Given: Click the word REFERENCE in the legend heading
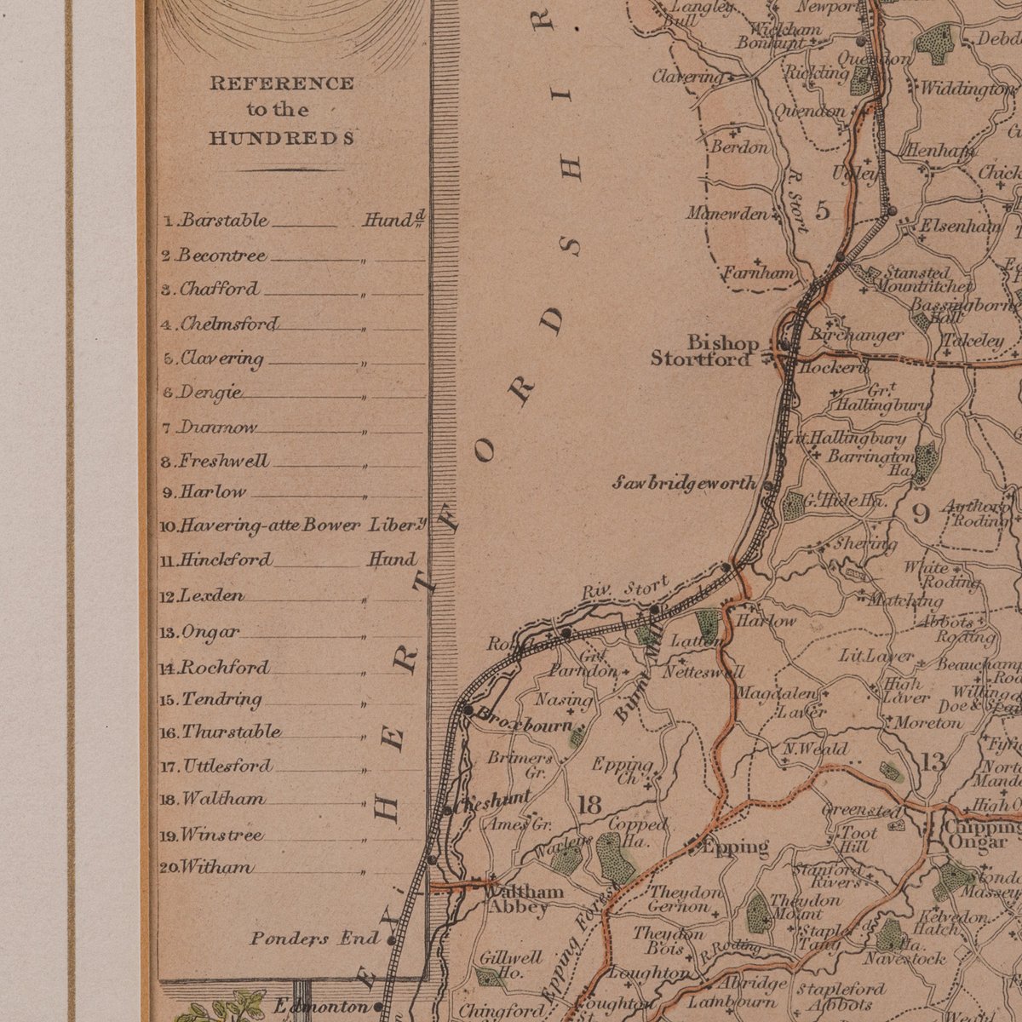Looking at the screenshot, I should tap(282, 83).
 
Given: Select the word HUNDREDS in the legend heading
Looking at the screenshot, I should tap(282, 138).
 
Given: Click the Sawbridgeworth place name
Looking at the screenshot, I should tap(684, 484).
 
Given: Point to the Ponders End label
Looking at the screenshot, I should tap(314, 939).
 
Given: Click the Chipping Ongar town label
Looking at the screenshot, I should tap(979, 835).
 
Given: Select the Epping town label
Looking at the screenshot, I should tap(734, 847).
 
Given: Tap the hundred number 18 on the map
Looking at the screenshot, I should tap(589, 804).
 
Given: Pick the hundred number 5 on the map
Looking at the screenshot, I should tap(822, 211).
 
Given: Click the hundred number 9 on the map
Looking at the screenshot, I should tap(921, 514).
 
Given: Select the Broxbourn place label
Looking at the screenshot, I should tap(524, 720).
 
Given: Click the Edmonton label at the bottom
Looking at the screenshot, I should tap(322, 1007).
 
